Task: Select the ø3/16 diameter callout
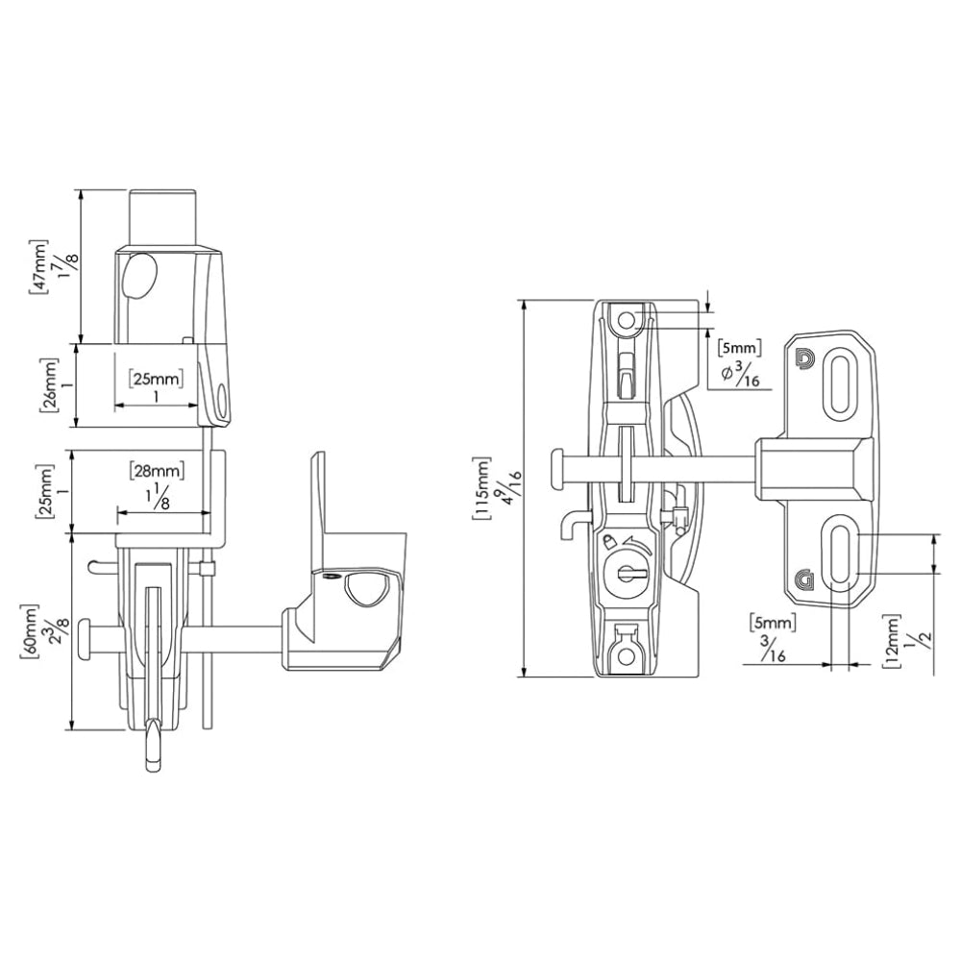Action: click(x=741, y=375)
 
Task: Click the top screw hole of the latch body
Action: click(x=627, y=320)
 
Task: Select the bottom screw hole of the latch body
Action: click(x=627, y=654)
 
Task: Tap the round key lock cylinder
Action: click(x=628, y=574)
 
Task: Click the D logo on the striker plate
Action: click(x=804, y=359)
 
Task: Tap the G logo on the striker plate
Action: click(x=803, y=579)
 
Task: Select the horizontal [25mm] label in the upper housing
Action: click(x=157, y=379)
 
